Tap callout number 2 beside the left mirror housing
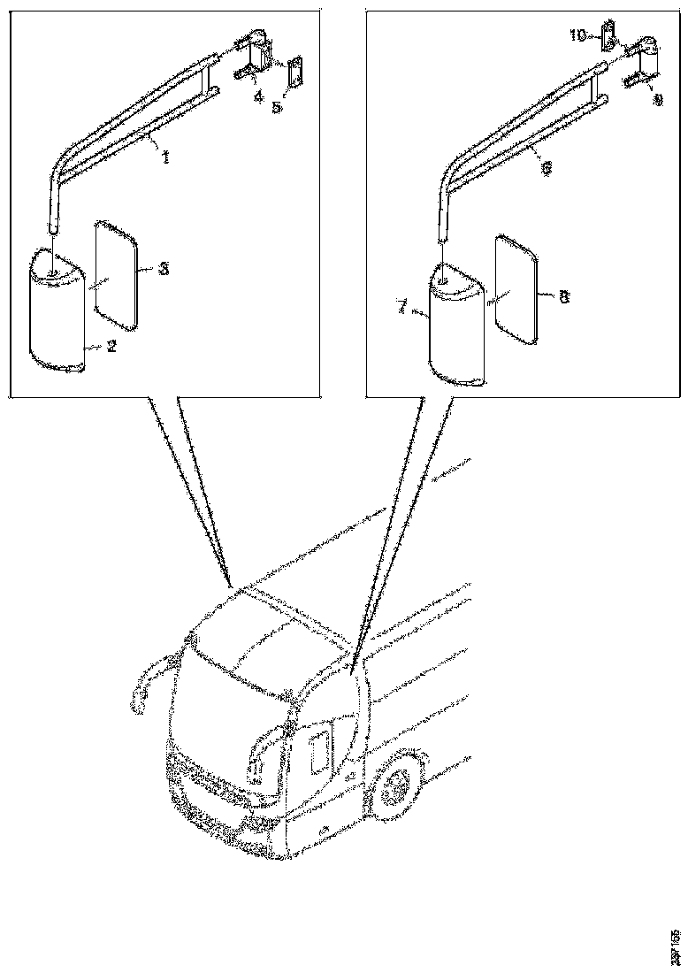(111, 348)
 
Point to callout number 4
(258, 98)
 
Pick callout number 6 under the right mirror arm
(547, 165)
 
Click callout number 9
(656, 100)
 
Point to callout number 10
(577, 35)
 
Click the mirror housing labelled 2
(57, 310)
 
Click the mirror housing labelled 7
(455, 327)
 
